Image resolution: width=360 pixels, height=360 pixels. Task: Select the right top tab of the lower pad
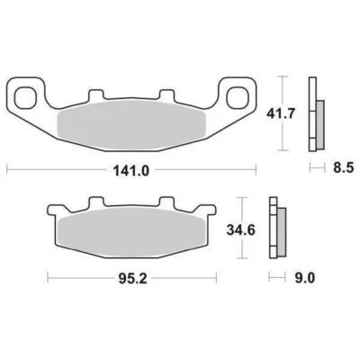[x=164, y=202]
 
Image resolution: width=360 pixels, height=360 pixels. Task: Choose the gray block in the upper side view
[x=319, y=119]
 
